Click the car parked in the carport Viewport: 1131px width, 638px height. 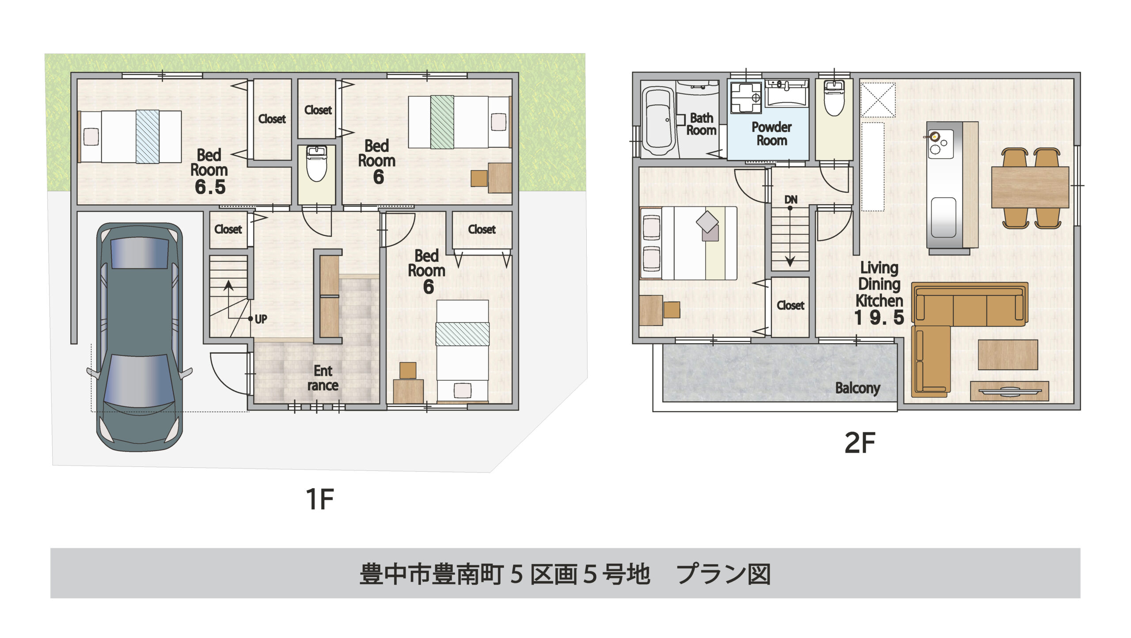pyautogui.click(x=140, y=337)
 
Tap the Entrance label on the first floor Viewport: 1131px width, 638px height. pyautogui.click(x=323, y=378)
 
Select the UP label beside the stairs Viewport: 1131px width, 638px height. pyautogui.click(x=261, y=319)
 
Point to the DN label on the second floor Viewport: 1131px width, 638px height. pyautogui.click(x=791, y=200)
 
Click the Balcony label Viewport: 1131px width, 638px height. pyautogui.click(x=858, y=388)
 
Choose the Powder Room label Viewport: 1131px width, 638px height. pyautogui.click(x=772, y=134)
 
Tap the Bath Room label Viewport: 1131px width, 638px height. pyautogui.click(x=702, y=124)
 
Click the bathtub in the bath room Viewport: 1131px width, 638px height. pyautogui.click(x=658, y=121)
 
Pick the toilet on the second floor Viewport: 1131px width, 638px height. pyautogui.click(x=834, y=99)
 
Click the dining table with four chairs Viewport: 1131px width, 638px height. pyautogui.click(x=1030, y=187)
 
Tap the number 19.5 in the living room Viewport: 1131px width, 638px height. pyautogui.click(x=879, y=317)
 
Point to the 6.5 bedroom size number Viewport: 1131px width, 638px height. pyautogui.click(x=210, y=187)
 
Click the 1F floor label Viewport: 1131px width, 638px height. pyautogui.click(x=319, y=499)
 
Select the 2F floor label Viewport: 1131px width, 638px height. pyautogui.click(x=860, y=443)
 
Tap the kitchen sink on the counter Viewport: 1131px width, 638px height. pyautogui.click(x=944, y=217)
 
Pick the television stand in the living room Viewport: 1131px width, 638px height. pyautogui.click(x=1010, y=391)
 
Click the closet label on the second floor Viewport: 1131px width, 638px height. pyautogui.click(x=790, y=306)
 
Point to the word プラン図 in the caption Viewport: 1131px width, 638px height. pyautogui.click(x=724, y=574)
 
